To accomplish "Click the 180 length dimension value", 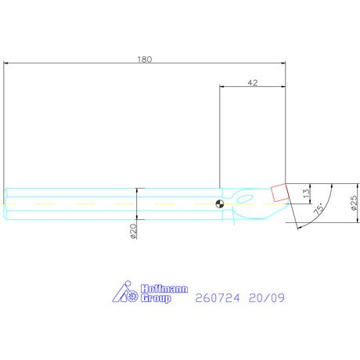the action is pos(145,59).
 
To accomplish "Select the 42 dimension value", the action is pos(253,83).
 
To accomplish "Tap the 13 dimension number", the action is pos(307,193).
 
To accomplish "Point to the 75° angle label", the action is pos(319,209).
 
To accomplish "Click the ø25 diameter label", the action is pos(354,203).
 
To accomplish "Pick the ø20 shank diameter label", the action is pos(133,231).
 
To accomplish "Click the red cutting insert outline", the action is pos(279,193).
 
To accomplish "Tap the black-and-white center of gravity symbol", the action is pos(220,203).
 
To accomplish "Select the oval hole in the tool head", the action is pos(244,199).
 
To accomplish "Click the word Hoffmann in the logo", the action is pos(164,289).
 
